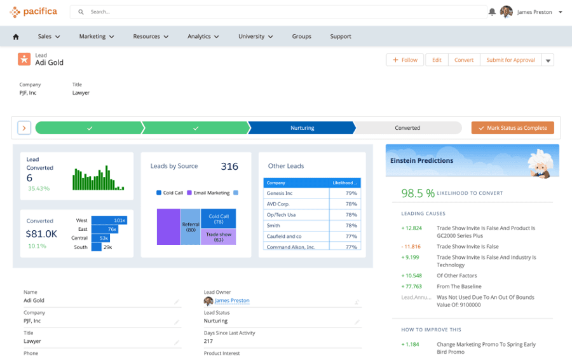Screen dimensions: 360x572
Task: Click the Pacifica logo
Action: pyautogui.click(x=33, y=11)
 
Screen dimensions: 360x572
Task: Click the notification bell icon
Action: pyautogui.click(x=492, y=12)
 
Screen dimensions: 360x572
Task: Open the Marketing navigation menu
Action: pyautogui.click(x=97, y=36)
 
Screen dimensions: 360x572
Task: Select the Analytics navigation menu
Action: pyautogui.click(x=203, y=36)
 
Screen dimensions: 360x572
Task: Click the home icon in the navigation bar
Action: pyautogui.click(x=16, y=37)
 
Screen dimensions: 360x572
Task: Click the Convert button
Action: pyautogui.click(x=464, y=60)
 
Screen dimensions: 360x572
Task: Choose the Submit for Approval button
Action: pyautogui.click(x=510, y=60)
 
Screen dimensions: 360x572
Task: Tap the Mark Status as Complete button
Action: pyautogui.click(x=512, y=128)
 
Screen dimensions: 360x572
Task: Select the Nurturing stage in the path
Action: pyautogui.click(x=302, y=128)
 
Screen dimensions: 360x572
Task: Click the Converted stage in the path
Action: pyautogui.click(x=407, y=128)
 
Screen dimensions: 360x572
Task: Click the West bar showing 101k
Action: pyautogui.click(x=109, y=220)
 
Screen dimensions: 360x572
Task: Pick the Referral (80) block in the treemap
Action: pyautogui.click(x=191, y=227)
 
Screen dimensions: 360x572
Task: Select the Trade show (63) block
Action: pyautogui.click(x=219, y=237)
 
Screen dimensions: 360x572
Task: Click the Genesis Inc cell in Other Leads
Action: pyautogui.click(x=296, y=193)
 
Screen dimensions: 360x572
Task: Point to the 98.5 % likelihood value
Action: pyautogui.click(x=418, y=193)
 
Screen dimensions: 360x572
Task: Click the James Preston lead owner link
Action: pyautogui.click(x=232, y=300)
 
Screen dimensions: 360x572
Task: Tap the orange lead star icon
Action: pyautogui.click(x=24, y=59)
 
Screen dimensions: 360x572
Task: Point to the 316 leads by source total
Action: pyautogui.click(x=229, y=167)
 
